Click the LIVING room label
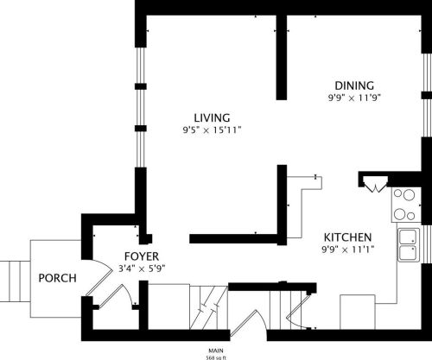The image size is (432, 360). pos(212,117)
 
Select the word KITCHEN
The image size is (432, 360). pos(347,237)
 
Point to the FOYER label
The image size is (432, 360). pos(141,256)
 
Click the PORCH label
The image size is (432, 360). pos(57,278)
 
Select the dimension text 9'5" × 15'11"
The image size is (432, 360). pos(212,129)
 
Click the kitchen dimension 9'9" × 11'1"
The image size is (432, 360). pos(347,250)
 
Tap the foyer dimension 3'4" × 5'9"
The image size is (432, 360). pos(142,268)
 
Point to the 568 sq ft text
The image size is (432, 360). pos(216,355)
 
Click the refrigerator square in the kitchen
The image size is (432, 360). pos(357,310)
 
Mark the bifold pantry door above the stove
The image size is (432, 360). pos(375,184)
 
